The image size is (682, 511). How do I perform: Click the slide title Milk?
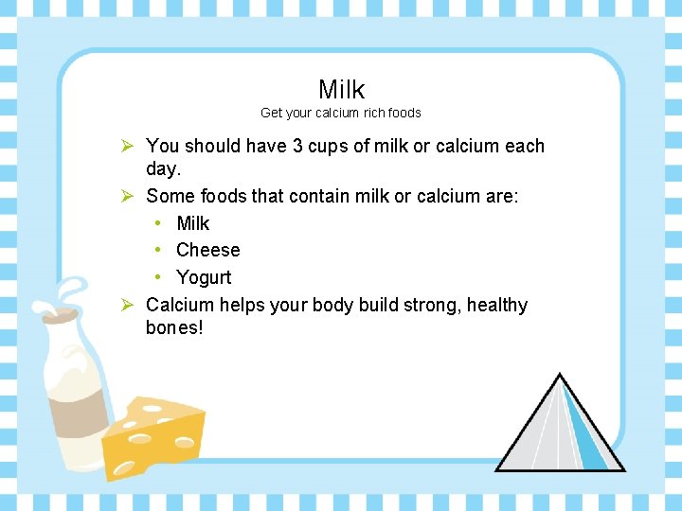341,90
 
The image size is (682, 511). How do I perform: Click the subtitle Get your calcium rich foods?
341,113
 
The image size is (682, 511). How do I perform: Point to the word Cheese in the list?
208,250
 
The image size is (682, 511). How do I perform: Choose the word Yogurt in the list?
204,277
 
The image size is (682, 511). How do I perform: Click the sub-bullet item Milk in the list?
193,223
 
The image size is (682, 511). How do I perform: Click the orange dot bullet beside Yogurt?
158,277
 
